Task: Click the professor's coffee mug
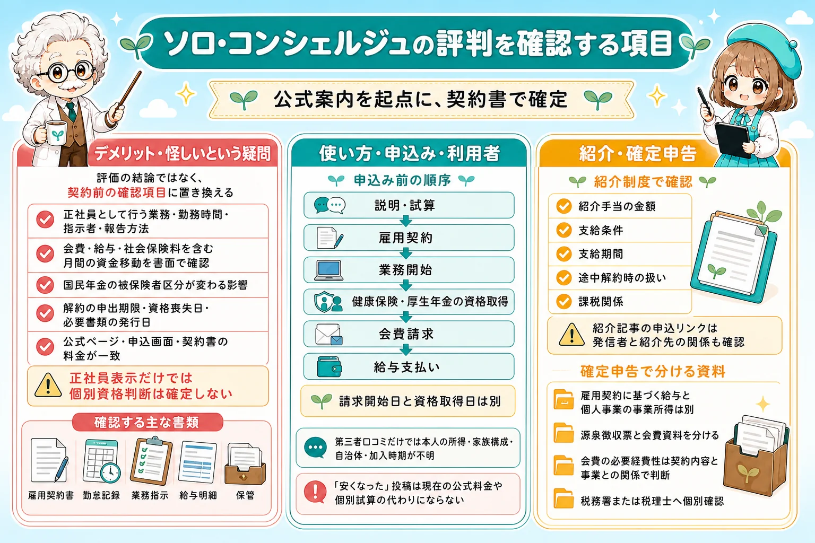coord(55,135)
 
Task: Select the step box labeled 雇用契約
coord(409,238)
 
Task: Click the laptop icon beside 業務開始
coord(328,270)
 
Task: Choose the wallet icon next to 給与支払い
coord(329,366)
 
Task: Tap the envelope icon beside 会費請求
coord(328,334)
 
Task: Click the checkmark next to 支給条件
coord(563,230)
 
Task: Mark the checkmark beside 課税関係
coord(563,301)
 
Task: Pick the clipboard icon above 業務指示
coord(151,461)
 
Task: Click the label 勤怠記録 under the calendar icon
coord(101,495)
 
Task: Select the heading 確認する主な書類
coord(146,422)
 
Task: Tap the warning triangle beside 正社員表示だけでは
coord(48,385)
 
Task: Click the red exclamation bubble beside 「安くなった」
coord(315,492)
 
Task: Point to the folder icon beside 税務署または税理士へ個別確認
coord(563,498)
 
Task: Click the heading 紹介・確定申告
coord(637,153)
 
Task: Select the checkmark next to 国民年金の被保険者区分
coord(45,285)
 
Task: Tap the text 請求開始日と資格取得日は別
coord(420,401)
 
